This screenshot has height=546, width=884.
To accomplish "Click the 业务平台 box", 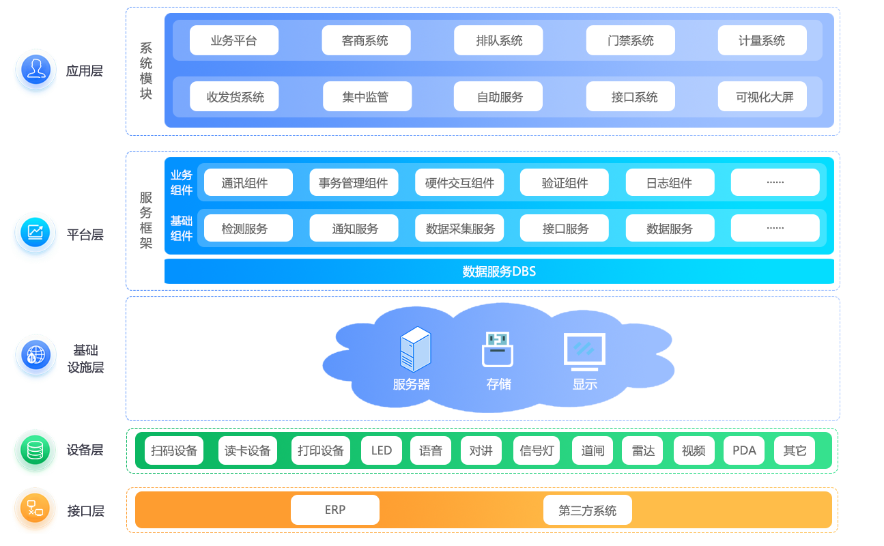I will pyautogui.click(x=233, y=40).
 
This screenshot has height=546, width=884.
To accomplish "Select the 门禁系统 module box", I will pyautogui.click(x=630, y=40).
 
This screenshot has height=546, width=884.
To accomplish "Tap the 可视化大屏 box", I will pyautogui.click(x=762, y=97).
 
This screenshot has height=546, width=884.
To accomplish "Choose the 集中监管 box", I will pyautogui.click(x=366, y=97).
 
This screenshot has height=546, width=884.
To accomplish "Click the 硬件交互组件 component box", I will pyautogui.click(x=459, y=183).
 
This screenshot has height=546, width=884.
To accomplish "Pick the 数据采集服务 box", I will pyautogui.click(x=459, y=229).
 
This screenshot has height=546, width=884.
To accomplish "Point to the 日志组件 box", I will pyautogui.click(x=670, y=183).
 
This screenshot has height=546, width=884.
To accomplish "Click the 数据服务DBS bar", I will pyautogui.click(x=499, y=271).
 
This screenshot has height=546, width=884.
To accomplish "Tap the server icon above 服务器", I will pyautogui.click(x=415, y=349).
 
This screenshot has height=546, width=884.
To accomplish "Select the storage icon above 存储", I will pyautogui.click(x=498, y=349).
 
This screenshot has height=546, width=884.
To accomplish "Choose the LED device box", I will pyautogui.click(x=382, y=450).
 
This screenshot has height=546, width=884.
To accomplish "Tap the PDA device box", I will pyautogui.click(x=744, y=450).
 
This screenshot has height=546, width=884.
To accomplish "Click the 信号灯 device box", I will pyautogui.click(x=537, y=450).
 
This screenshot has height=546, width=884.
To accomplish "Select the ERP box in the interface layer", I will pyautogui.click(x=334, y=510).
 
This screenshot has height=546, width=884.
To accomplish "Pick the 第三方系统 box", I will pyautogui.click(x=587, y=510).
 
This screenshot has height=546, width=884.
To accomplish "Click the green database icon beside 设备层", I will pyautogui.click(x=35, y=450).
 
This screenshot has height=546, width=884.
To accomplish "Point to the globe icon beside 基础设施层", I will pyautogui.click(x=35, y=355).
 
